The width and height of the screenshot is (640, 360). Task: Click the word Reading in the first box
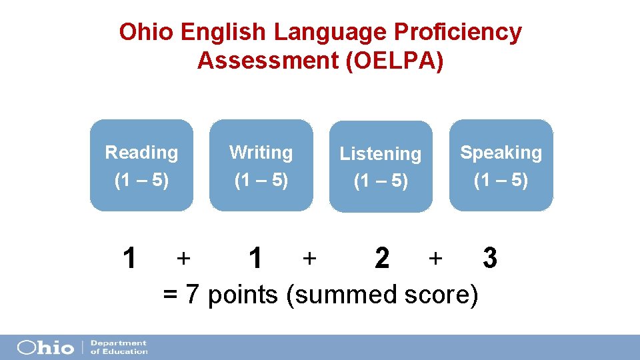pyautogui.click(x=141, y=153)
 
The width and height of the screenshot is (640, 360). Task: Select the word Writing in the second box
pyautogui.click(x=261, y=153)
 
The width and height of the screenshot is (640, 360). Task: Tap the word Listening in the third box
pyautogui.click(x=380, y=154)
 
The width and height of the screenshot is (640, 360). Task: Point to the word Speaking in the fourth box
pyautogui.click(x=501, y=153)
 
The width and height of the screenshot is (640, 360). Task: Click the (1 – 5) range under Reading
pyautogui.click(x=141, y=180)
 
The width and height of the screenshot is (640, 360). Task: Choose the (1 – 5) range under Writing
pyautogui.click(x=261, y=180)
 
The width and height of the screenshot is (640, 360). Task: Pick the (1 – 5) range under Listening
pyautogui.click(x=380, y=181)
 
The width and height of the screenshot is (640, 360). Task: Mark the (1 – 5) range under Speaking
pyautogui.click(x=501, y=180)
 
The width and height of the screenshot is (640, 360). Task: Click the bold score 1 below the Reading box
pyautogui.click(x=131, y=257)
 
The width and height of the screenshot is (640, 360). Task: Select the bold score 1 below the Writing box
pyautogui.click(x=254, y=257)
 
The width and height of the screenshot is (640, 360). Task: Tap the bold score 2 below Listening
pyautogui.click(x=382, y=257)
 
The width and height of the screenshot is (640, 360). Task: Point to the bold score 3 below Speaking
pyautogui.click(x=490, y=257)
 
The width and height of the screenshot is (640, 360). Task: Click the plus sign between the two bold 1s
pyautogui.click(x=183, y=257)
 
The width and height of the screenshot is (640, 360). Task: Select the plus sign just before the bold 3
pyautogui.click(x=435, y=257)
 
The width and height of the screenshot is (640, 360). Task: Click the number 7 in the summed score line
pyautogui.click(x=193, y=294)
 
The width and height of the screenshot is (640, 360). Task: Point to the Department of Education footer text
pyautogui.click(x=118, y=347)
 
